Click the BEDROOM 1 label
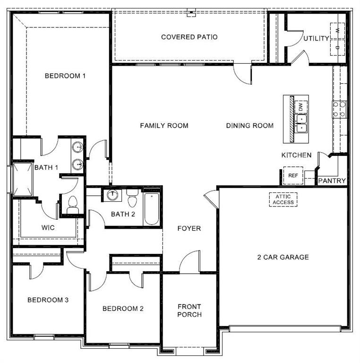pyautogui.click(x=65, y=76)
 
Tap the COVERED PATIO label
pyautogui.click(x=189, y=37)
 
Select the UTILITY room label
pyautogui.click(x=316, y=38)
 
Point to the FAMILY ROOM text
pyautogui.click(x=164, y=126)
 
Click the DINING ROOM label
pyautogui.click(x=249, y=126)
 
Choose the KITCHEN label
pyautogui.click(x=296, y=155)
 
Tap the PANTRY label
pyautogui.click(x=332, y=181)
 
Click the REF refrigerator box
pyautogui.click(x=293, y=176)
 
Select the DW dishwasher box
pyautogui.click(x=301, y=107)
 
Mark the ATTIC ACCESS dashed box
pyautogui.click(x=283, y=199)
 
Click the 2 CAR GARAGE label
pyautogui.click(x=283, y=258)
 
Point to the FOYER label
pyautogui.click(x=189, y=229)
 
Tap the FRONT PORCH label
pyautogui.click(x=189, y=311)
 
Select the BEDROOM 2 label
pyautogui.click(x=123, y=309)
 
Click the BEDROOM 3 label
pyautogui.click(x=48, y=300)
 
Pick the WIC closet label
pyautogui.click(x=48, y=228)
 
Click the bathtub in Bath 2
pyautogui.click(x=152, y=208)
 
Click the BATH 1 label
pyautogui.click(x=46, y=167)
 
